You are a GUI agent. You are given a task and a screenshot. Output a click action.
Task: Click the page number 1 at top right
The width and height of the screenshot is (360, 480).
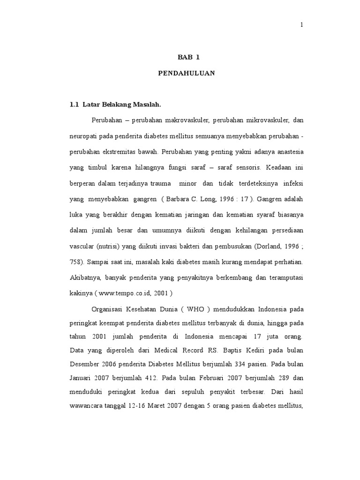pyautogui.click(x=302, y=25)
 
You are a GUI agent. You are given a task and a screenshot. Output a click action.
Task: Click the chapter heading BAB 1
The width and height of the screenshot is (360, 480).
pyautogui.click(x=188, y=57)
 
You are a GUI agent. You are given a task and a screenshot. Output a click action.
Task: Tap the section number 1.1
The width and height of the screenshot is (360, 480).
pyautogui.click(x=74, y=104)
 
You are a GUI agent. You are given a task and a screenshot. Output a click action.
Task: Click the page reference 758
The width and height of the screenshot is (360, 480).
pyautogui.click(x=75, y=261)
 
